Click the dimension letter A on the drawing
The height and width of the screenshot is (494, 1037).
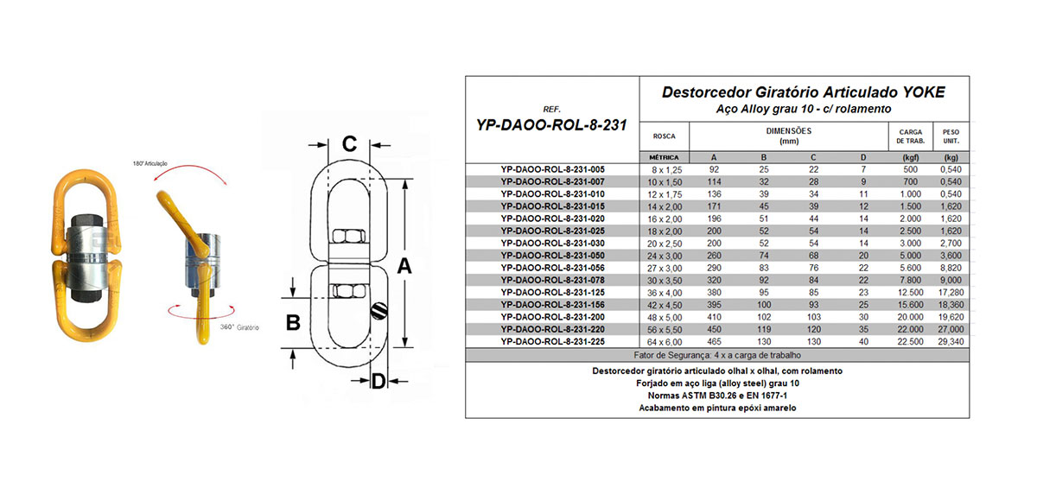point(403,269)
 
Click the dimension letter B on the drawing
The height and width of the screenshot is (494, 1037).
point(293,323)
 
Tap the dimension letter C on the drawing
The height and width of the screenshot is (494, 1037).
point(349,144)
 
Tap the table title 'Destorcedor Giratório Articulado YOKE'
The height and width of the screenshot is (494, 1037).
point(803,92)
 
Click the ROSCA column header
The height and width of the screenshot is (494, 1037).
point(665,136)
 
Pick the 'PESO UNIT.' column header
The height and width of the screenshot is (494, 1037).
point(951,136)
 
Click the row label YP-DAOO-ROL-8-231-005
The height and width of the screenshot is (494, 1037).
point(552,170)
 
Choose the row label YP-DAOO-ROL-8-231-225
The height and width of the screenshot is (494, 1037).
point(552,340)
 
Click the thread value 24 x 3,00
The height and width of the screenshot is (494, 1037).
point(665,256)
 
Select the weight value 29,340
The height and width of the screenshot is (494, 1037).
point(951,340)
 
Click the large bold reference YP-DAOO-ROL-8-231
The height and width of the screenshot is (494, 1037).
point(552,124)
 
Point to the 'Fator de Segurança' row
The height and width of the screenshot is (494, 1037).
point(717,355)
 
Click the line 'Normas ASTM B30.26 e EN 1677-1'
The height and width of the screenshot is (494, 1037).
point(717,395)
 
